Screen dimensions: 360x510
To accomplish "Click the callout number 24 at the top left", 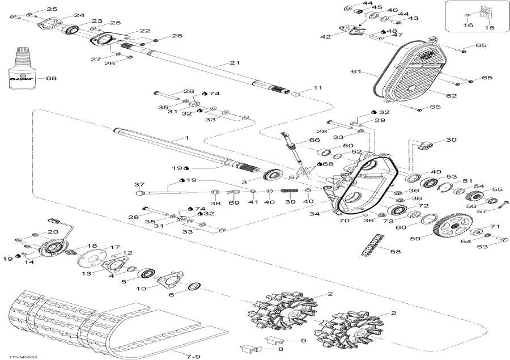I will coord(79,15).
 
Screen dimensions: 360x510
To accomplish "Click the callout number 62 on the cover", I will coord(451,96).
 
